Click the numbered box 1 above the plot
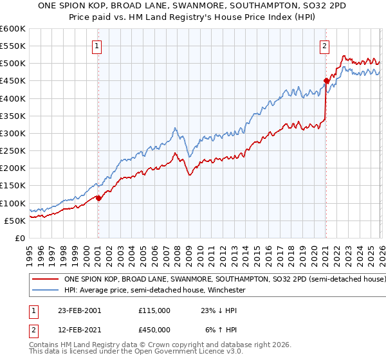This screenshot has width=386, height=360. point(97,46)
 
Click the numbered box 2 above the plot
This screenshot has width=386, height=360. point(325,46)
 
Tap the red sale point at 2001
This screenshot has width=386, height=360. point(98,198)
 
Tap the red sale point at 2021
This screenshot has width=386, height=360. point(326,81)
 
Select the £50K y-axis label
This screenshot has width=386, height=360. point(15,221)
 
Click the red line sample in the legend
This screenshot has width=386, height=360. point(46,280)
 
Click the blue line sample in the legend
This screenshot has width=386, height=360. point(46,291)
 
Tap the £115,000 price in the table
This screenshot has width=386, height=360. point(154,310)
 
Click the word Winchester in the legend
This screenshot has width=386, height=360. point(225,291)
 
